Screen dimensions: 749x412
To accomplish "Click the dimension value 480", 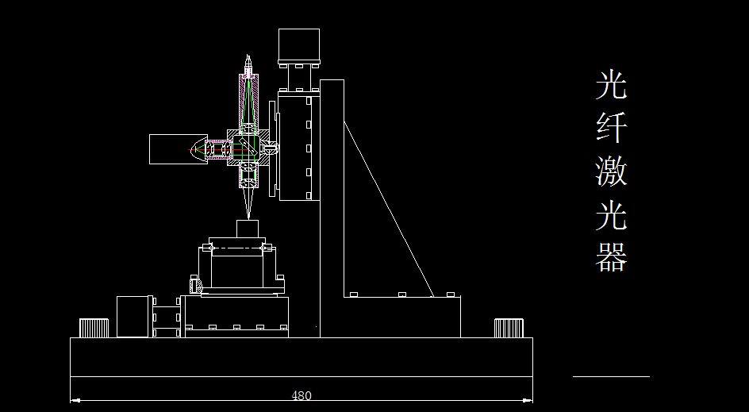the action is (301, 395).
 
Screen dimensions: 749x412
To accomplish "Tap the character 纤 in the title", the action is (611, 127).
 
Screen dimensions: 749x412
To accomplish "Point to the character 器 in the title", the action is (611, 256).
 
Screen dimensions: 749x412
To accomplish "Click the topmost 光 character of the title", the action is (611, 85).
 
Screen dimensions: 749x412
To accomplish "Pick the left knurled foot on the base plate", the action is (94, 328).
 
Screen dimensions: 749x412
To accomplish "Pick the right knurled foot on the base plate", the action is (509, 328).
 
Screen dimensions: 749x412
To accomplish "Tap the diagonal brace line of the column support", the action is (389, 209).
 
